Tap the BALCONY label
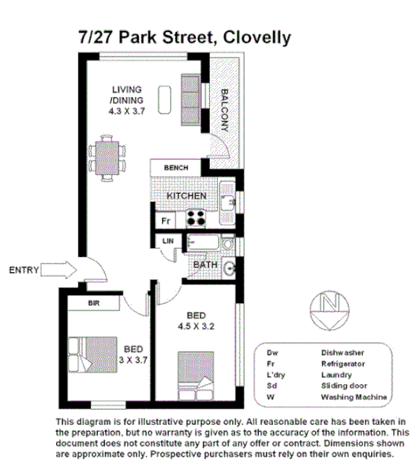tap(226, 110)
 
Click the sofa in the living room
tap(192, 100)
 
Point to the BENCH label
tap(176, 168)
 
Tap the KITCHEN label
tap(186, 196)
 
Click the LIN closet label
tap(167, 241)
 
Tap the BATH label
tap(206, 264)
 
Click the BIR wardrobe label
tap(93, 303)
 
